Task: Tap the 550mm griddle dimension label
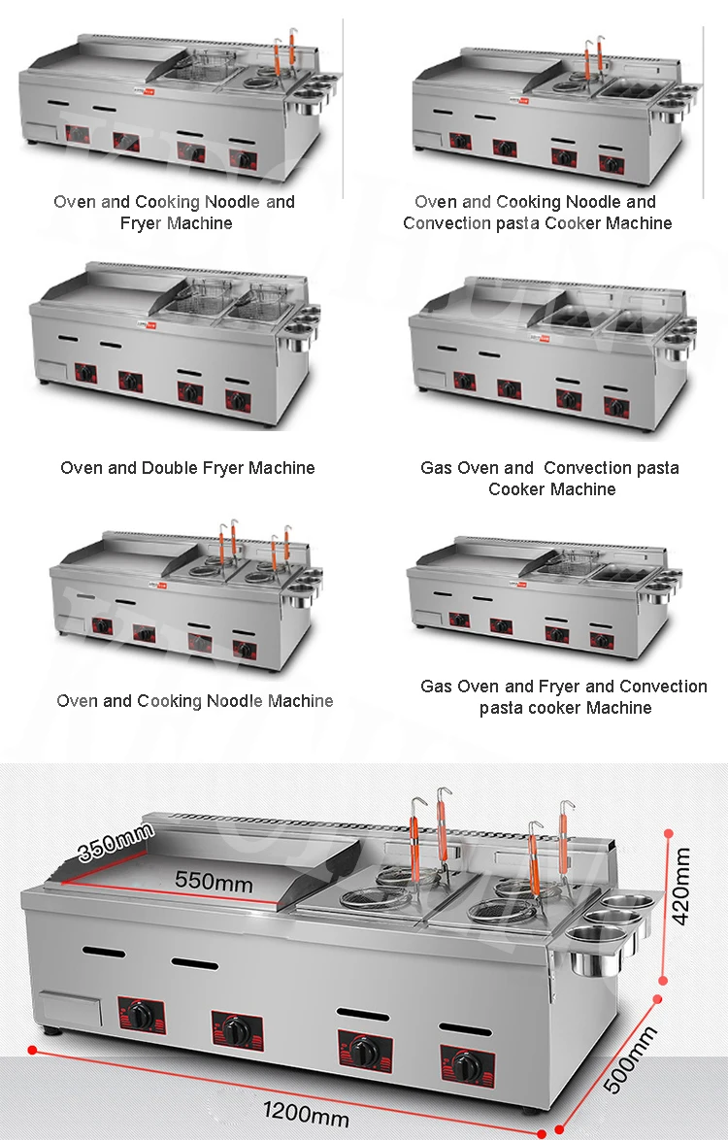(x=214, y=882)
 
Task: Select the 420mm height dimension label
(x=684, y=886)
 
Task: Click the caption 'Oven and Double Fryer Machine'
(x=187, y=468)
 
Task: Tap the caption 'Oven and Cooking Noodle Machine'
(x=195, y=701)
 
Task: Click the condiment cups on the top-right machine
(x=685, y=99)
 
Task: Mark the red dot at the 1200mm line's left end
(x=33, y=1050)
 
